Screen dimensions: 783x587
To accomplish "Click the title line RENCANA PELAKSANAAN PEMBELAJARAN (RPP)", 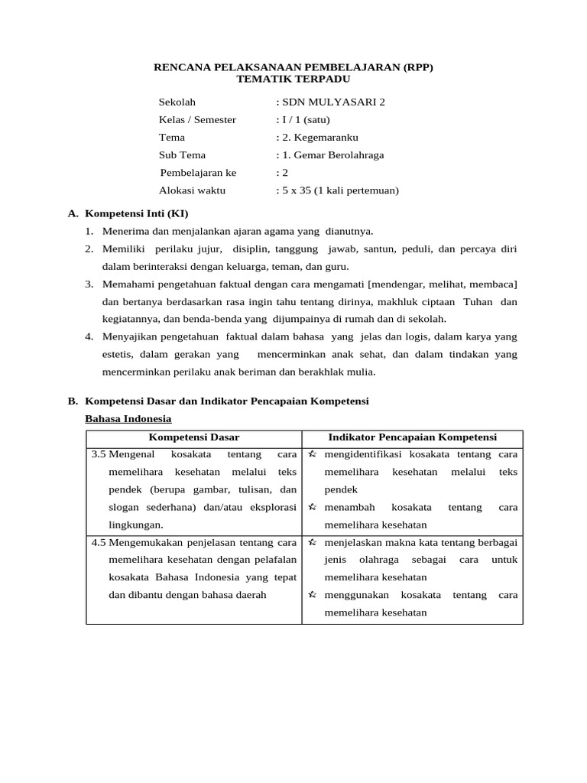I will click(293, 67).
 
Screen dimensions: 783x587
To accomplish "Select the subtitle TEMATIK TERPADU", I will click(293, 79).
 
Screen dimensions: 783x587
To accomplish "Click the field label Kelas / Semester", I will click(197, 119).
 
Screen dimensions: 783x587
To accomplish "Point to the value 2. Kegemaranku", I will click(317, 138).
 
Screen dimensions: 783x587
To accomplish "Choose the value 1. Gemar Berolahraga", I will click(330, 155).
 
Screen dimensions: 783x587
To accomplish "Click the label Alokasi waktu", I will click(192, 190).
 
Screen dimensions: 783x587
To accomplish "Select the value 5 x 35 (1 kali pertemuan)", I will click(338, 190).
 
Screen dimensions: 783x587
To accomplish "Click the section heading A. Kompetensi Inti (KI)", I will click(128, 213).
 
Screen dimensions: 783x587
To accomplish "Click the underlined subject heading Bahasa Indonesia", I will click(128, 419).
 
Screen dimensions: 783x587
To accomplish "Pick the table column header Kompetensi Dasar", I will click(193, 437).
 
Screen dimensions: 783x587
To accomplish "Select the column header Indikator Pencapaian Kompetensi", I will click(412, 437).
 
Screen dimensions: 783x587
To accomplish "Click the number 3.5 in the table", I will click(99, 454).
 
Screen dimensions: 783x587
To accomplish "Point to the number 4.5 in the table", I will click(99, 542).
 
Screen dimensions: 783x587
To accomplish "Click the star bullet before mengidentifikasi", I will click(313, 454).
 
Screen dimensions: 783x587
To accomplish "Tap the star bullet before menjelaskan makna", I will click(313, 542).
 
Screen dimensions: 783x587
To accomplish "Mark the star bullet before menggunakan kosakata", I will click(313, 595).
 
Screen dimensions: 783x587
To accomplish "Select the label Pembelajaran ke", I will click(198, 173).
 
